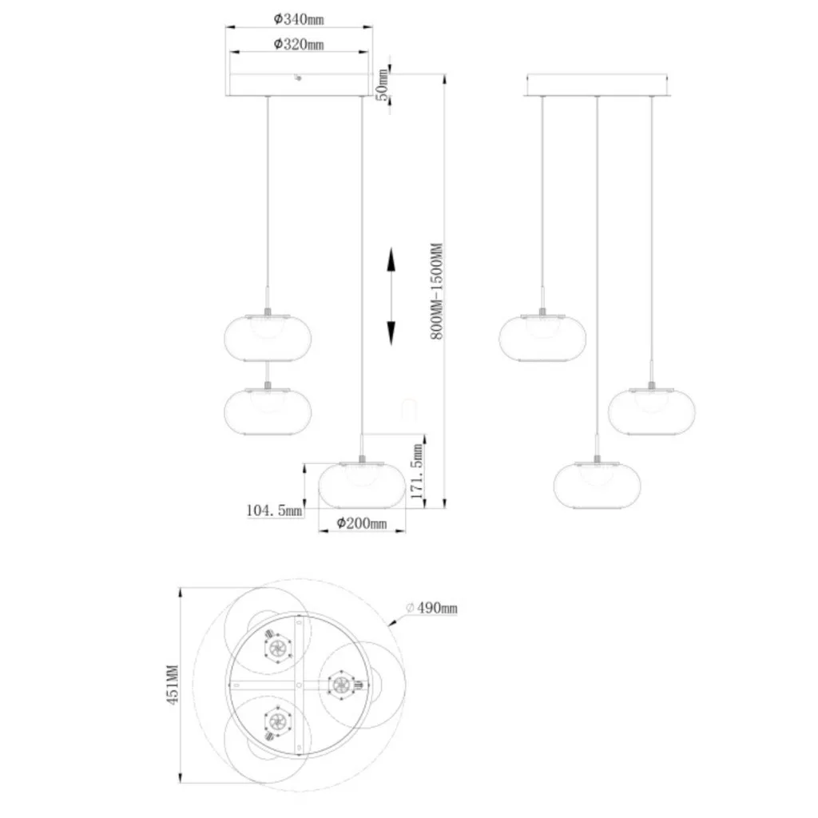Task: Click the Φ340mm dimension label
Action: click(299, 19)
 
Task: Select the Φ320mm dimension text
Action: click(299, 45)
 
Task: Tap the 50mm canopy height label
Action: click(383, 85)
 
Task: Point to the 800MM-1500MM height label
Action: click(437, 291)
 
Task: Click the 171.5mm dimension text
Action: click(417, 471)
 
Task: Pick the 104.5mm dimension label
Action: click(275, 510)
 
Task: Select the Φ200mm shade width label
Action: click(362, 522)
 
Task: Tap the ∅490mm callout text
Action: click(431, 608)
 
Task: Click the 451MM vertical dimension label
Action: click(173, 685)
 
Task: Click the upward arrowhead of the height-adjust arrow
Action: click(391, 260)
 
